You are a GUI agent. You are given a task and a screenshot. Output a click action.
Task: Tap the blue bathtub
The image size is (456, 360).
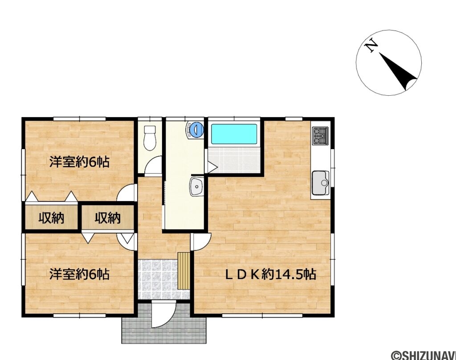coord(234,134)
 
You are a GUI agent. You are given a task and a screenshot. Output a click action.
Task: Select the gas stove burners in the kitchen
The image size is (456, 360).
coord(321,136)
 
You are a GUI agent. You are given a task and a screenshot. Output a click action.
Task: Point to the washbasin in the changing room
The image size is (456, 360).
coord(196,187)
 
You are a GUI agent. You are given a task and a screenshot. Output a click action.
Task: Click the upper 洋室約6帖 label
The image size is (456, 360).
coord(79,162)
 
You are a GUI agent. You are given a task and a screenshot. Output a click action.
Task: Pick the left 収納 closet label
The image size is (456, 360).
coord(51,218)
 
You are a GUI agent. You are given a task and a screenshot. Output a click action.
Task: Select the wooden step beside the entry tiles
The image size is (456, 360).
coord(183,271)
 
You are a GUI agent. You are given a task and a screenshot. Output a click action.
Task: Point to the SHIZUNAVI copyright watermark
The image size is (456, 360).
coord(423,355)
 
